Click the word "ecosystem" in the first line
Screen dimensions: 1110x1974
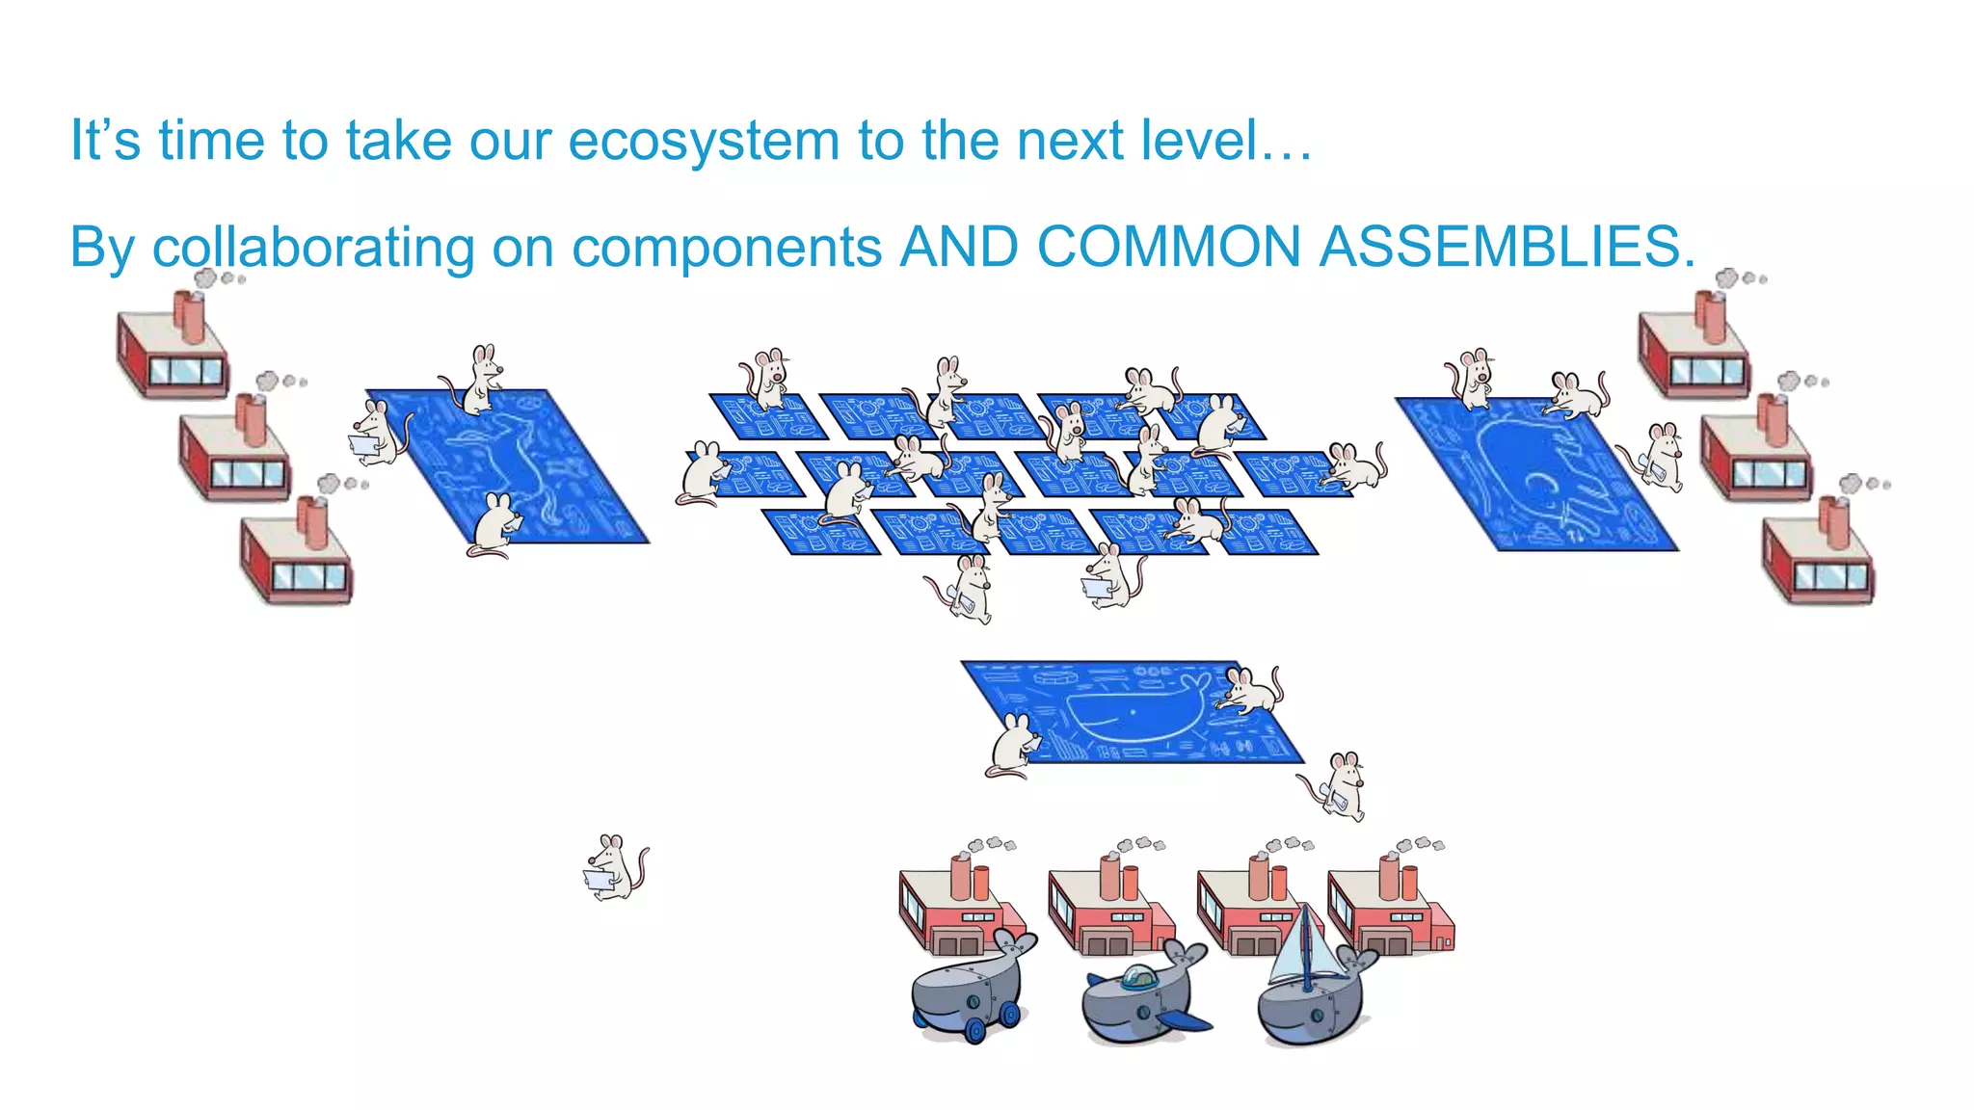click(x=703, y=141)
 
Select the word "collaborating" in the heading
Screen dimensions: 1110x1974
click(x=313, y=247)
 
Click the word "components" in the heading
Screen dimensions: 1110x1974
click(x=727, y=247)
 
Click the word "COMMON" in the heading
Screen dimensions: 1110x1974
click(x=1169, y=247)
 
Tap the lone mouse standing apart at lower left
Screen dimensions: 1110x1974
click(x=616, y=867)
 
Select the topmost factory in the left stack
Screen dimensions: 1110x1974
click(x=173, y=347)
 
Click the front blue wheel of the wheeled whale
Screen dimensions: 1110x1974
click(x=975, y=1029)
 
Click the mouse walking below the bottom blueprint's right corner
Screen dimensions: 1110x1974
click(x=1340, y=785)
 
